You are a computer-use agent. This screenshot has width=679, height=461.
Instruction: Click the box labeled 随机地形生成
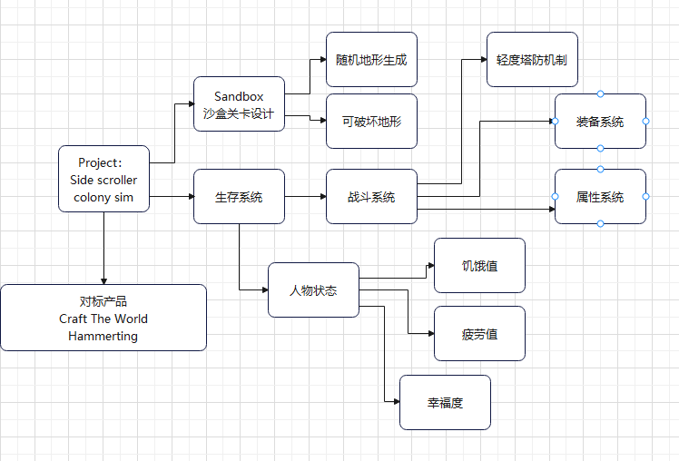(371, 59)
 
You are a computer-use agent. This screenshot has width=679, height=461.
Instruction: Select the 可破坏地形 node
(371, 122)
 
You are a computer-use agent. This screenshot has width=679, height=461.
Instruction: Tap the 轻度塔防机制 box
(532, 59)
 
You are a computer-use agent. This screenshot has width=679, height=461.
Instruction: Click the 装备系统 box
(600, 122)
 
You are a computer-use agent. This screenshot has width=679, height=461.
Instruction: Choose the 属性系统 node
(600, 197)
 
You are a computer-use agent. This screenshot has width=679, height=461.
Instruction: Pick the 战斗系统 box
(371, 197)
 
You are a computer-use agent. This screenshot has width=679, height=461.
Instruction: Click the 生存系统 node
(239, 197)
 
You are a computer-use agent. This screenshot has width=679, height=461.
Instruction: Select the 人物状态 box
(313, 290)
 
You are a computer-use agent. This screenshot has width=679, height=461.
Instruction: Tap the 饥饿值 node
(480, 265)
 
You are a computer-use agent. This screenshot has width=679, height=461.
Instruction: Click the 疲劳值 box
(480, 334)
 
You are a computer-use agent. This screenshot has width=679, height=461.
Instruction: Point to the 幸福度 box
(445, 403)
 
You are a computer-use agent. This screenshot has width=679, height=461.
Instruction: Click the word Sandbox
(239, 96)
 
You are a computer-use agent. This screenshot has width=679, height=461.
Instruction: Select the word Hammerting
(103, 336)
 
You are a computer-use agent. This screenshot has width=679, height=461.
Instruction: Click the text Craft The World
(103, 319)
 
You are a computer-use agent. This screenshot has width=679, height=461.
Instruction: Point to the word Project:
(100, 162)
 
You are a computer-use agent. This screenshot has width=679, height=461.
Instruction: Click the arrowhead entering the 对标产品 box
(103, 281)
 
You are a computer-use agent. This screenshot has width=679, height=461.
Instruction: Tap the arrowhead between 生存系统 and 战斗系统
(323, 197)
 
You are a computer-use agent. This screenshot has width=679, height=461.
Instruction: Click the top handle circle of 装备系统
(600, 94)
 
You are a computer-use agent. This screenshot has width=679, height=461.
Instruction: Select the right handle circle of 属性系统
(645, 197)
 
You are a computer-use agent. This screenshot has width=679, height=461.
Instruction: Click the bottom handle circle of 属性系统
(600, 224)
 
